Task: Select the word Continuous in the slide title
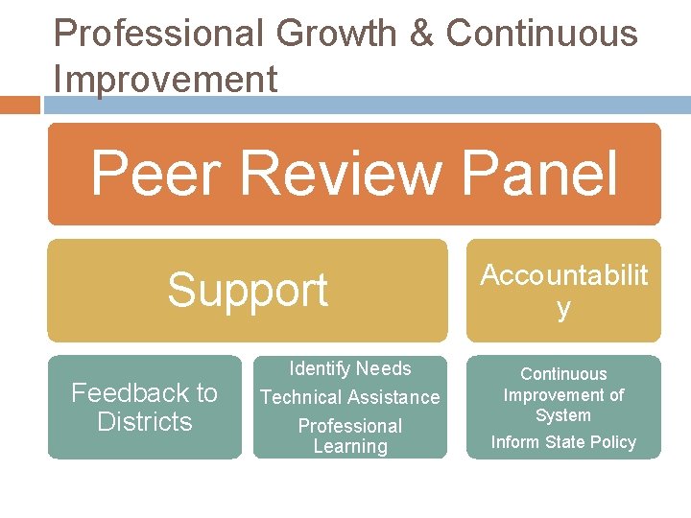pyautogui.click(x=542, y=35)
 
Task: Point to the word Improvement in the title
pyautogui.click(x=166, y=80)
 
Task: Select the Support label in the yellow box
pyautogui.click(x=248, y=290)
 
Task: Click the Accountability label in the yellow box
pyautogui.click(x=563, y=290)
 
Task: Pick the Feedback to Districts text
pyautogui.click(x=145, y=407)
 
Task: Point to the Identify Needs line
pyautogui.click(x=350, y=368)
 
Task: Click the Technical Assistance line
pyautogui.click(x=350, y=397)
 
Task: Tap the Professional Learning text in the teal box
pyautogui.click(x=350, y=436)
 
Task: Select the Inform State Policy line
pyautogui.click(x=563, y=442)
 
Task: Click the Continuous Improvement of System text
pyautogui.click(x=563, y=394)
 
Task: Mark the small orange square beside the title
pyautogui.click(x=20, y=104)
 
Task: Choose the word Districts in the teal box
pyautogui.click(x=145, y=422)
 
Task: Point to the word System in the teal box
pyautogui.click(x=563, y=415)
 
